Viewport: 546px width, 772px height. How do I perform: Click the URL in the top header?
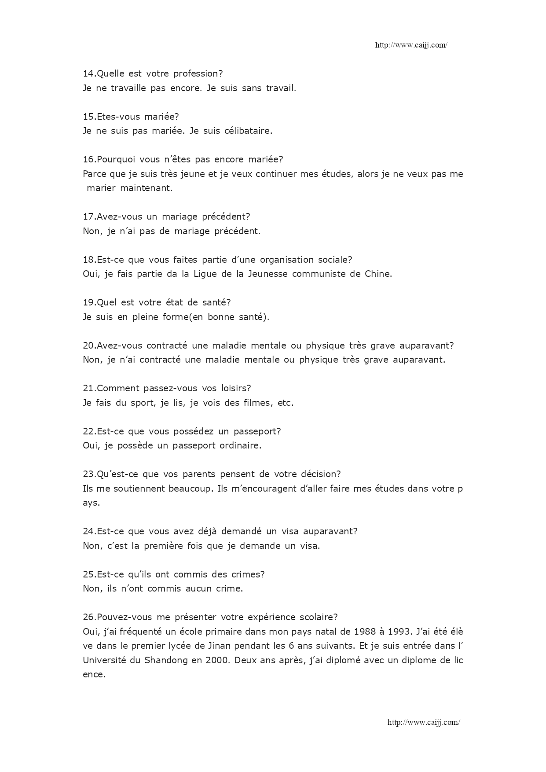pyautogui.click(x=411, y=45)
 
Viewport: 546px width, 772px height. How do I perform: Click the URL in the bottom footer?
pyautogui.click(x=423, y=722)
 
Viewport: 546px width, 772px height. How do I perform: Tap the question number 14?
pyautogui.click(x=88, y=74)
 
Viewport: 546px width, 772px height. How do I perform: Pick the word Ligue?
pyautogui.click(x=205, y=274)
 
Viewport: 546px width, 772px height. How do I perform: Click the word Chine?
pyautogui.click(x=378, y=274)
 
